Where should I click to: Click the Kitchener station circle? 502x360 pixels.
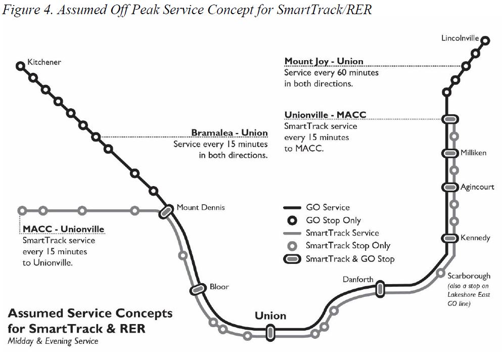[20, 66]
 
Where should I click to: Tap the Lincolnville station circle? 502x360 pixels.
[485, 40]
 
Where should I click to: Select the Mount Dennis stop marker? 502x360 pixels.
[165, 212]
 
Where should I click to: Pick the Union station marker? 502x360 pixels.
[270, 332]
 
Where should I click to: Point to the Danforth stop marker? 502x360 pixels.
[380, 289]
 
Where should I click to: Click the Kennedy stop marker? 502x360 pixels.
[449, 238]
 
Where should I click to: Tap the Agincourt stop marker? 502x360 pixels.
[449, 187]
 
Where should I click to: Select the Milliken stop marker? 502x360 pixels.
[449, 153]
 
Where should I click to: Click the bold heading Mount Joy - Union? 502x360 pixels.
[324, 61]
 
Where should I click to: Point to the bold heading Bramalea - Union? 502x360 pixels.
[229, 133]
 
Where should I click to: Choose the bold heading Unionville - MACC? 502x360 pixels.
[325, 115]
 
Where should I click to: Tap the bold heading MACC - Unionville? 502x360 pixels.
[63, 229]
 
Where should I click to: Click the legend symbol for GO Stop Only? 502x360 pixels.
[291, 220]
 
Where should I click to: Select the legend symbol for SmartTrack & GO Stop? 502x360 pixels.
[291, 259]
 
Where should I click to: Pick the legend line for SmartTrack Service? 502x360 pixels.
[291, 233]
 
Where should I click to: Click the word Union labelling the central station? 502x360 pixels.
[270, 316]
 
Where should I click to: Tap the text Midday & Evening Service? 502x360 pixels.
[53, 341]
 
